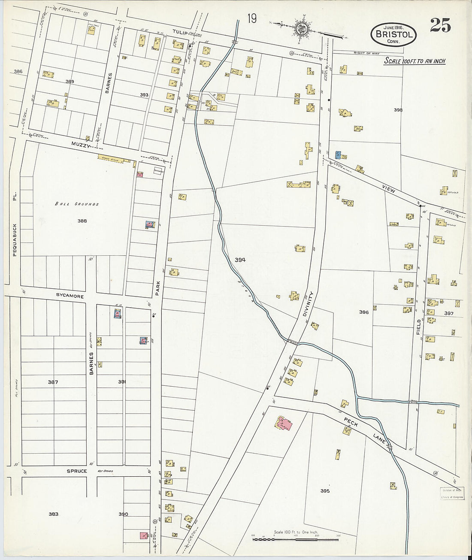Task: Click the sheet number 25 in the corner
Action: (440, 26)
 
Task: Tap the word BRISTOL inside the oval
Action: (394, 35)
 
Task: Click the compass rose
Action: (300, 29)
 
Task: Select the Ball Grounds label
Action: (77, 204)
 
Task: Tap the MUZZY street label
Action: (82, 146)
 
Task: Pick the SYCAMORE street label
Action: (70, 296)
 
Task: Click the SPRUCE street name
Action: (77, 471)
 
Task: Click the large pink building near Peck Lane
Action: (284, 424)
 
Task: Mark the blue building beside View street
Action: (338, 155)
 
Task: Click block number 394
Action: (240, 260)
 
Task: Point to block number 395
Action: (325, 491)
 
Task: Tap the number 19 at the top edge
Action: (252, 19)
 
